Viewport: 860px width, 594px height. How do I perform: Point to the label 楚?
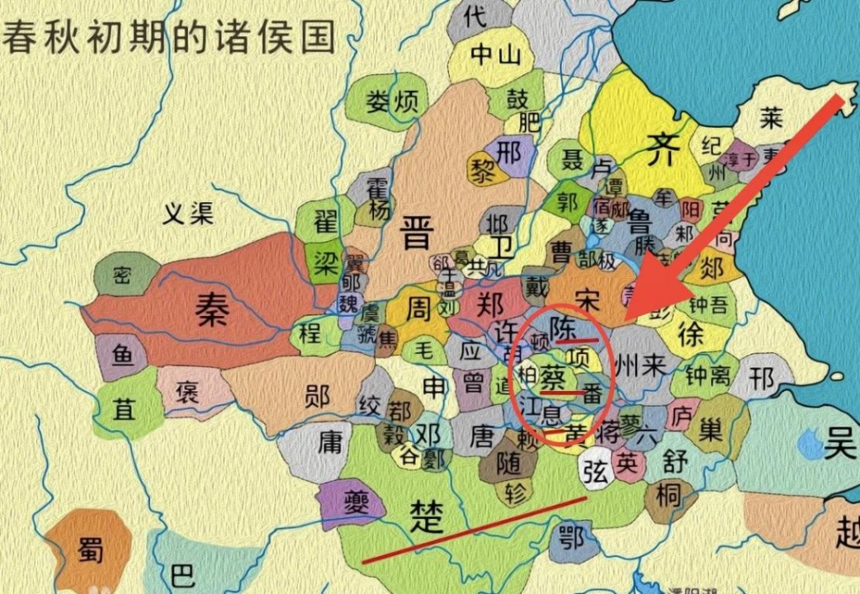coord(428,517)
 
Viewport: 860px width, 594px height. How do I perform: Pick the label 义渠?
coord(187,214)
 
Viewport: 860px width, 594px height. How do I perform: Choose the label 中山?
coord(495,55)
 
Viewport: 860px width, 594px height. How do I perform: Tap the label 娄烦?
coord(392,102)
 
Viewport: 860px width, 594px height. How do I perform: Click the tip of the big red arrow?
coord(627,317)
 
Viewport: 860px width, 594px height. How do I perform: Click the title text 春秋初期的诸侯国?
coord(170,37)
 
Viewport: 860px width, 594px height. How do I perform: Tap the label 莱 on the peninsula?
coord(771,118)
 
